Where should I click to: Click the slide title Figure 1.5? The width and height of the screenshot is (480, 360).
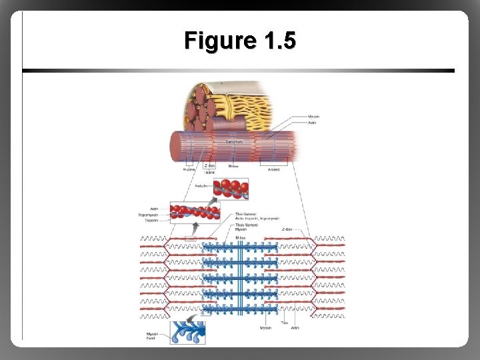pos(240,41)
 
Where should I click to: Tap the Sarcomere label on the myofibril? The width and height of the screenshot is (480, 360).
pos(233,141)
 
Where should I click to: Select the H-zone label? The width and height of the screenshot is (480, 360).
pos(189,169)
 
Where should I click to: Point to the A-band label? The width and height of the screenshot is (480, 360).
pos(273,169)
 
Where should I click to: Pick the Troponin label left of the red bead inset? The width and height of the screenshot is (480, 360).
pos(151,220)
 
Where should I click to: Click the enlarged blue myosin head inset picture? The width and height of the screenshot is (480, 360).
pos(187,332)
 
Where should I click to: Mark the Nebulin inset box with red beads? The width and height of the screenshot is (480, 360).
pos(231,188)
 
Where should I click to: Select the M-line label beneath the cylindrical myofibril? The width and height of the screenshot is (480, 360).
pos(233,166)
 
